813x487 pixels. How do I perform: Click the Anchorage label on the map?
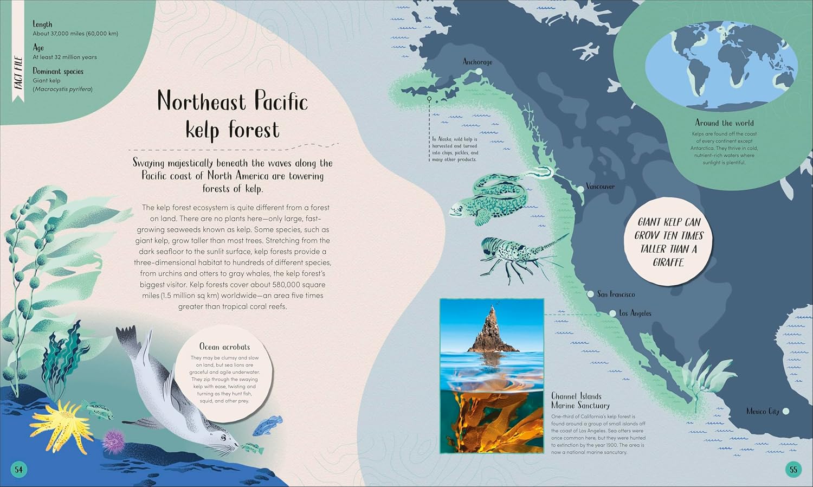point(478,62)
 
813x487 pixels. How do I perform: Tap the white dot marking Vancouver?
point(581,187)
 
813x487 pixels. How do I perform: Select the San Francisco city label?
point(616,294)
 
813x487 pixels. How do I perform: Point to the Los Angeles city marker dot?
point(613,313)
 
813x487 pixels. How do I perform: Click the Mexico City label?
point(763,411)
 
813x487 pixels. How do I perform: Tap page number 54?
point(19,470)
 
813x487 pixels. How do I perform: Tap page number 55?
point(793,470)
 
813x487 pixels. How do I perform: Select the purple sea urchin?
point(114,440)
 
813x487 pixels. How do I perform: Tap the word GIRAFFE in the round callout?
point(668,262)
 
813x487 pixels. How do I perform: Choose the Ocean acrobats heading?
point(224,347)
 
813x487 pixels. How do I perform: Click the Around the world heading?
point(724,123)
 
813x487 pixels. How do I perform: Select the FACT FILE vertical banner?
point(18,73)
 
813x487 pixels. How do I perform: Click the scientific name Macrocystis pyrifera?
point(63,89)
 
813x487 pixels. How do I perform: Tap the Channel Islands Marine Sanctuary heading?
point(580,401)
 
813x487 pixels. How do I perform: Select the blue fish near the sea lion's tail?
point(269,425)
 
